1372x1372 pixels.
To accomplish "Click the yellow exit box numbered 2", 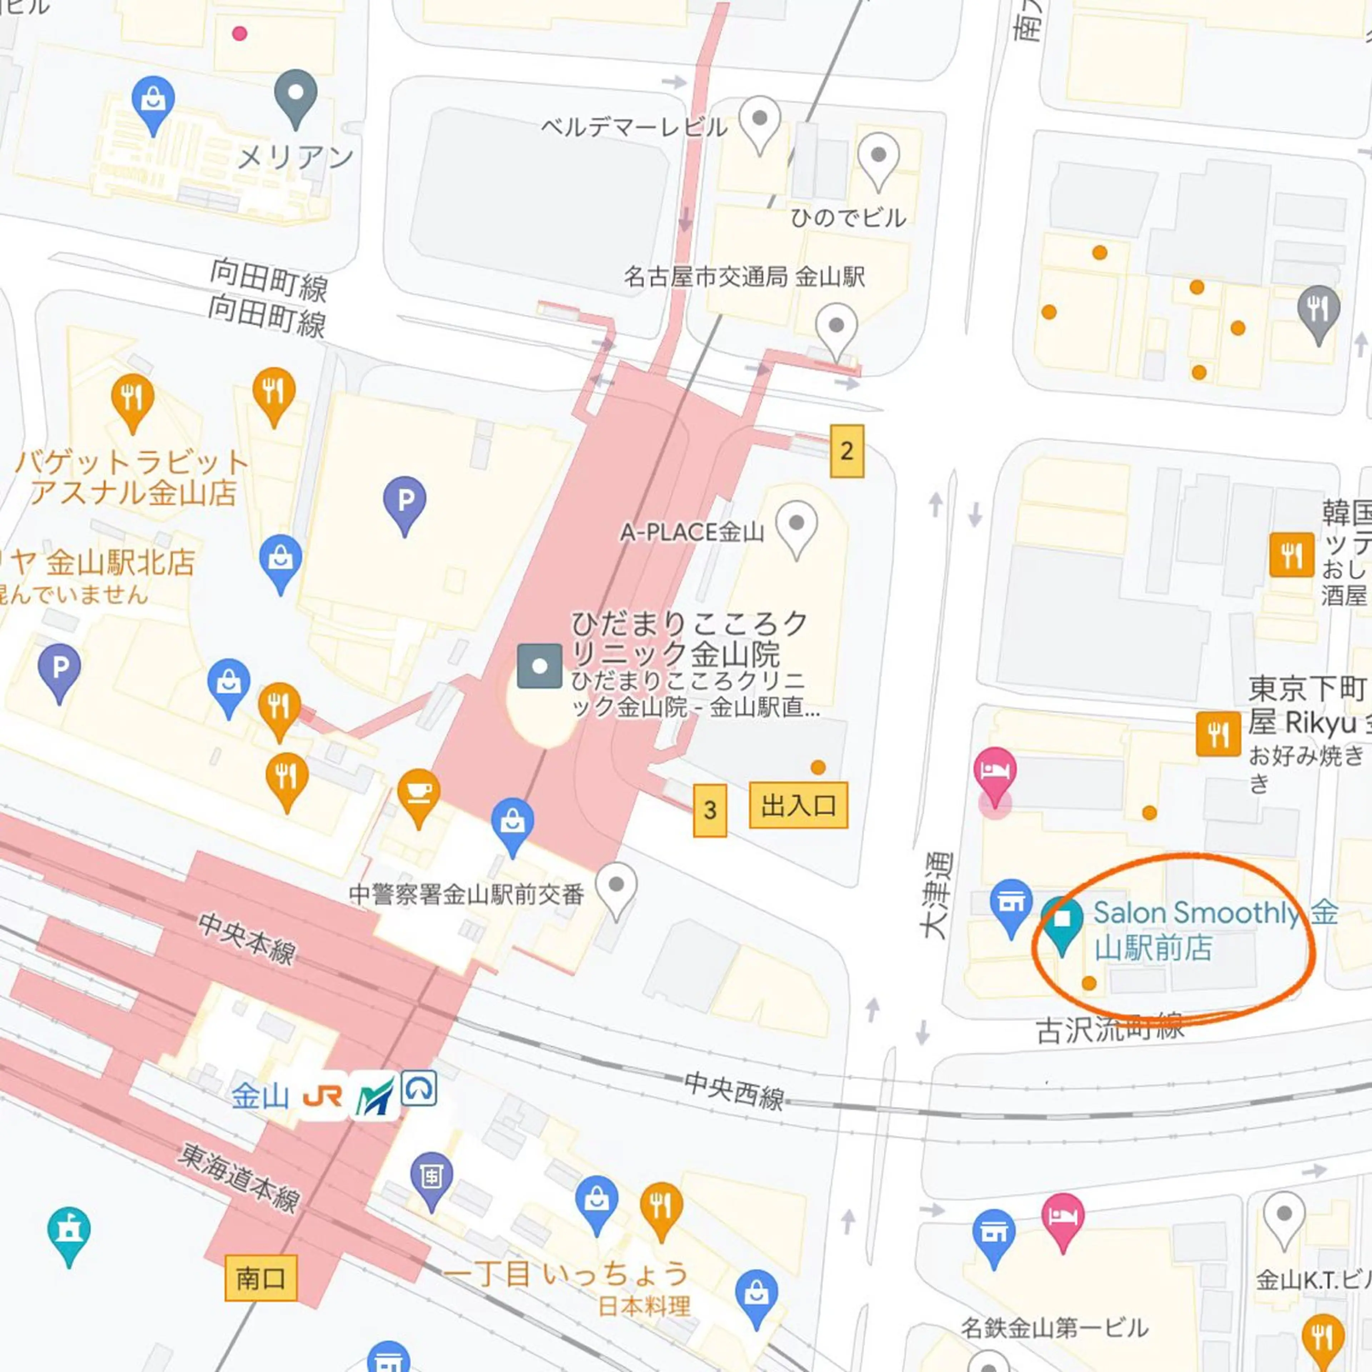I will coord(846,451).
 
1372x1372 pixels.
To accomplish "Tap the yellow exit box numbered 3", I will coord(710,810).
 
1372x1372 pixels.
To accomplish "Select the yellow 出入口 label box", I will coord(798,805).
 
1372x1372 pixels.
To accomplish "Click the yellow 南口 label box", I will coord(260,1278).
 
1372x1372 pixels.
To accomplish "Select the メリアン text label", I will coord(295,157).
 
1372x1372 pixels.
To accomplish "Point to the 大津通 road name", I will coord(936,896).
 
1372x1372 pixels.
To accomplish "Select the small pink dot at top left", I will coord(239,33).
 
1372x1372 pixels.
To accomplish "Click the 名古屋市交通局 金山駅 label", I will coord(744,276).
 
